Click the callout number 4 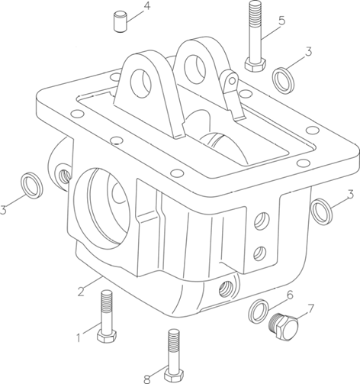click(146, 6)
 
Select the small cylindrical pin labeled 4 click(121, 21)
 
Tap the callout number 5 click(281, 21)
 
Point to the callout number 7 click(310, 308)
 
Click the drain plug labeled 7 click(284, 327)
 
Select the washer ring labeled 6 click(258, 311)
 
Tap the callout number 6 click(290, 295)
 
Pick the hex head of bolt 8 click(174, 375)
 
